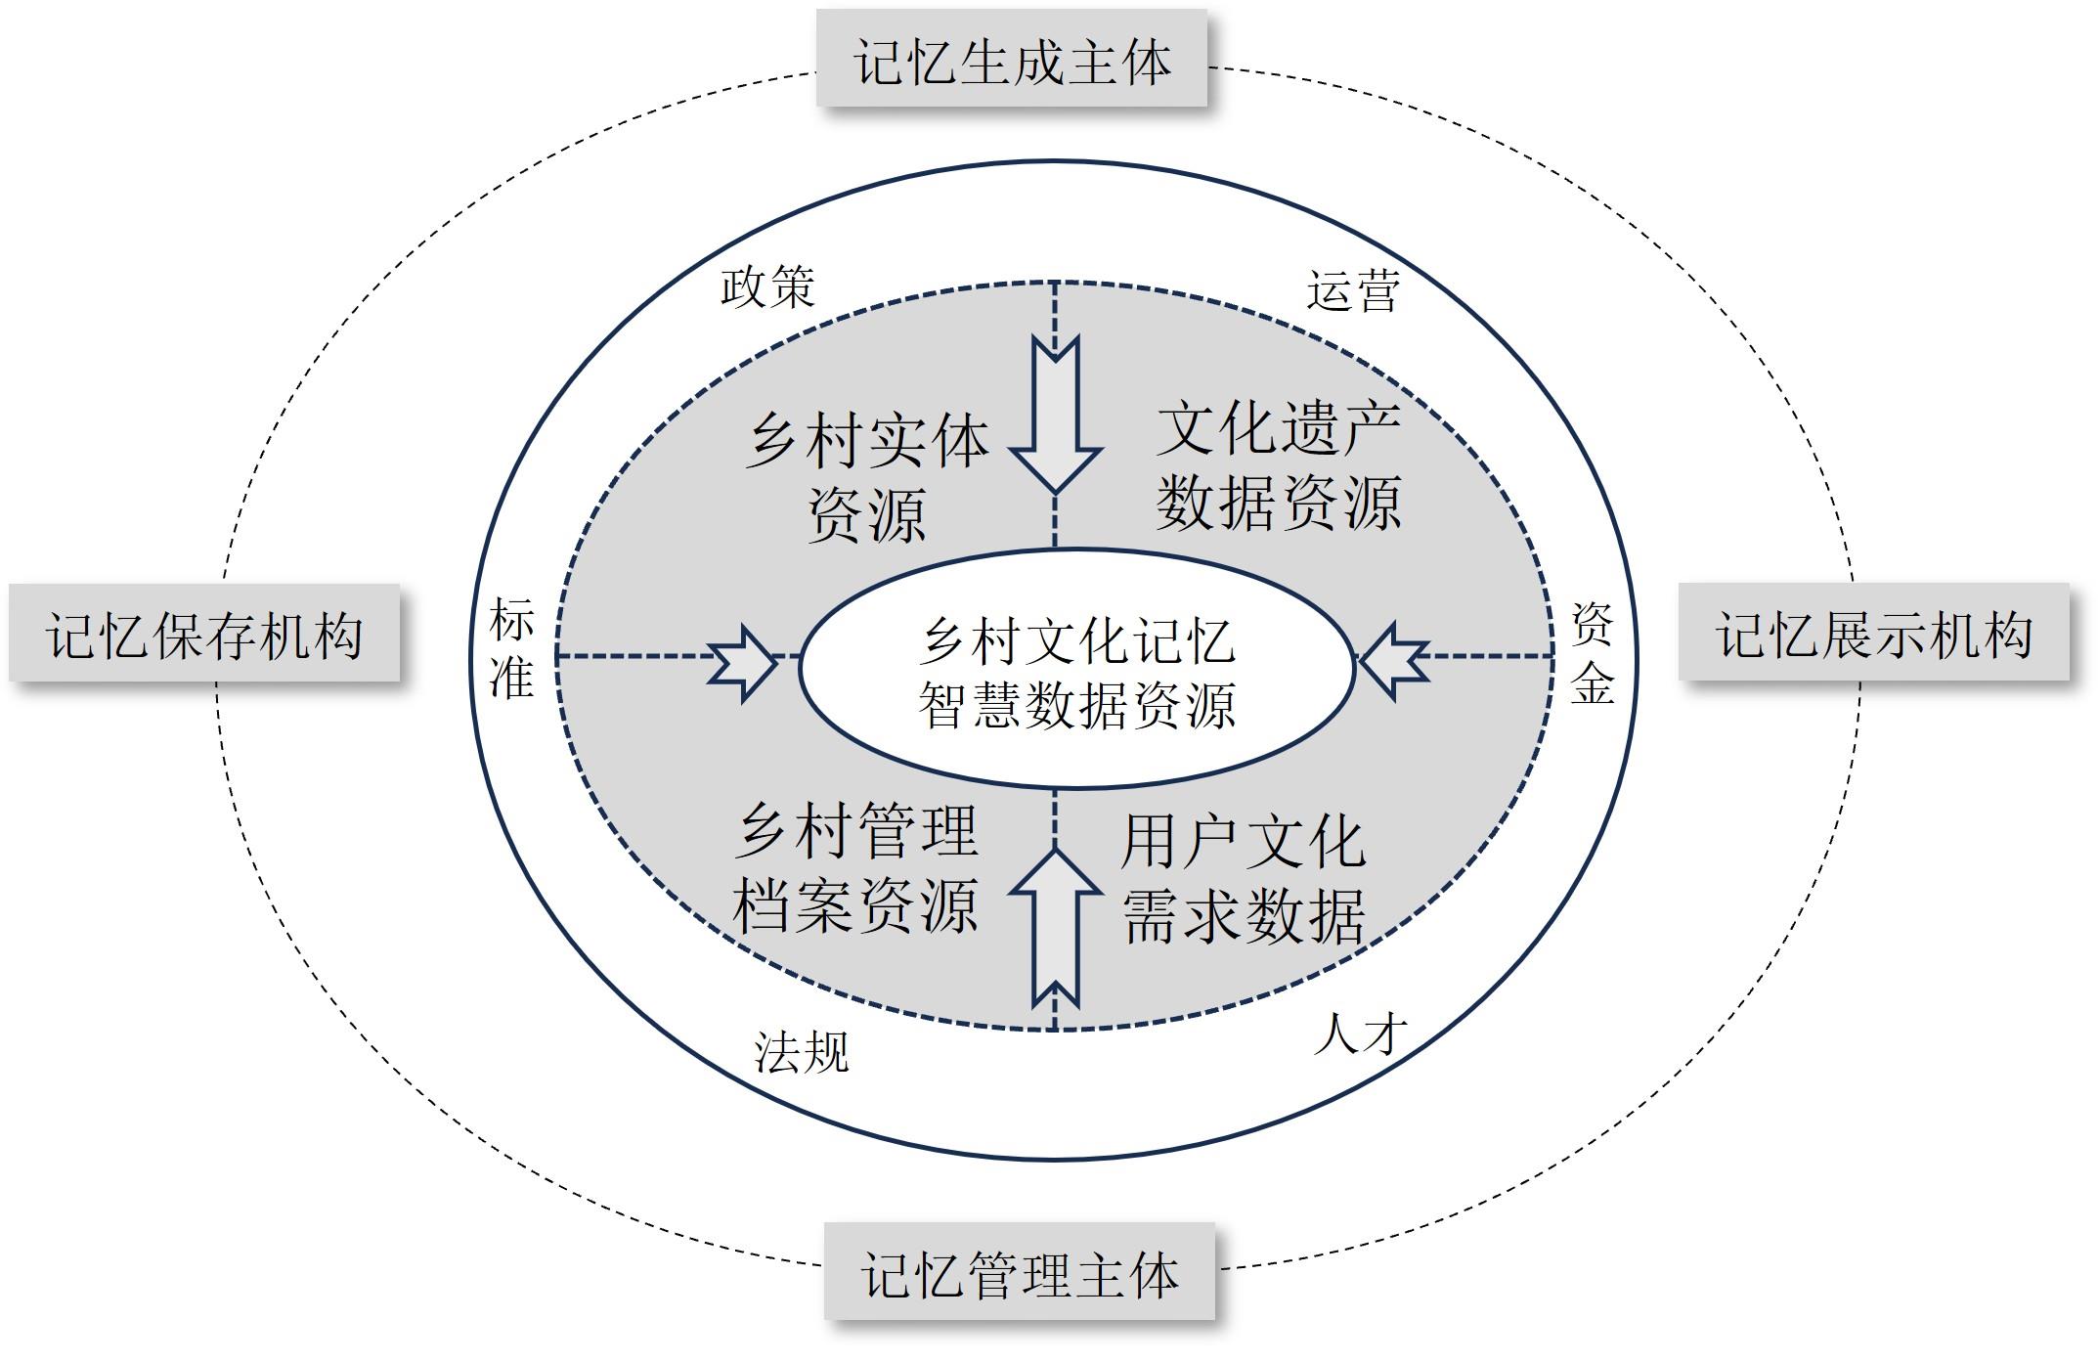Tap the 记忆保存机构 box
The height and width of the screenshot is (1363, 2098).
click(x=204, y=634)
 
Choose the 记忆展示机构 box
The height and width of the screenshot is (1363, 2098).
click(x=1874, y=633)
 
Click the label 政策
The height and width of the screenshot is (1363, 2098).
click(x=767, y=287)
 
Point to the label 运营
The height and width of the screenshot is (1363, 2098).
click(x=1353, y=290)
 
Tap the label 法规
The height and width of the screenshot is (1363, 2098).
click(x=801, y=1052)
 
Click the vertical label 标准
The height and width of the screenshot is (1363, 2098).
click(x=511, y=648)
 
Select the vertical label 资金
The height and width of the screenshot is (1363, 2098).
click(x=1592, y=653)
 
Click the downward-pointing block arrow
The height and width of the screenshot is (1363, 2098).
click(x=1056, y=416)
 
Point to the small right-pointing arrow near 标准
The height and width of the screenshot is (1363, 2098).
click(x=742, y=664)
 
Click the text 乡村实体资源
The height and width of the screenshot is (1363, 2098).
click(x=867, y=477)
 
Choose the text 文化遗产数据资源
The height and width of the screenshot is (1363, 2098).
click(x=1279, y=466)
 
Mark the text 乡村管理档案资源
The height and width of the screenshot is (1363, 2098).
click(x=855, y=867)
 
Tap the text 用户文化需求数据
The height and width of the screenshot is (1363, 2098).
click(x=1243, y=878)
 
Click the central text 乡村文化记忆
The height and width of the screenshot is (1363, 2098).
click(x=1077, y=641)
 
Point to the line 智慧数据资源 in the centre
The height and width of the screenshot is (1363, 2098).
click(x=1077, y=704)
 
